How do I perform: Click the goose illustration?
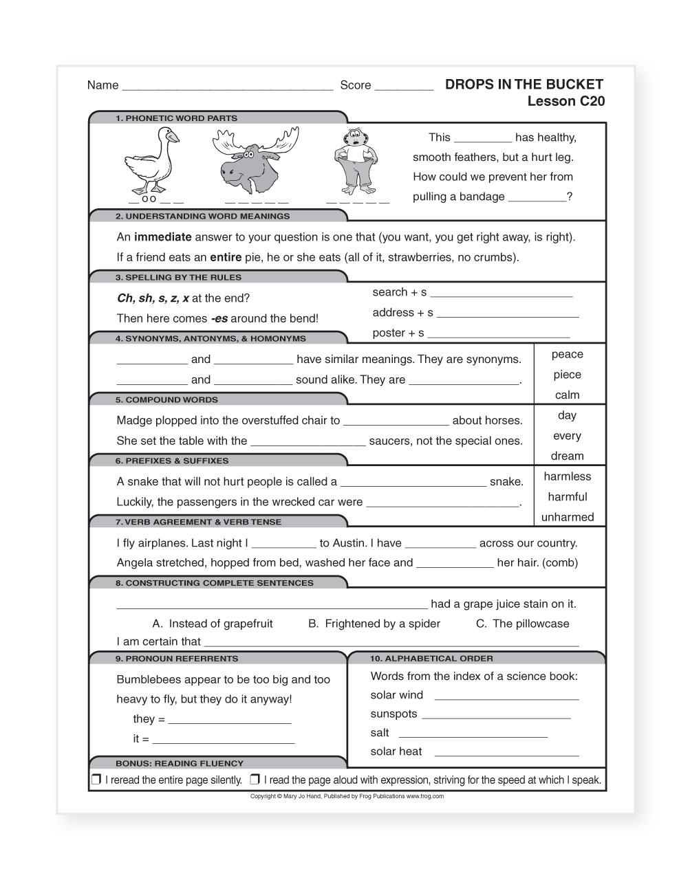pyautogui.click(x=151, y=160)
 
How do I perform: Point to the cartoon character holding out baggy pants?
pyautogui.click(x=356, y=161)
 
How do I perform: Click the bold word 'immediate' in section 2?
pyautogui.click(x=162, y=237)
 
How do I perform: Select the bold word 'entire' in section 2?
pyautogui.click(x=226, y=258)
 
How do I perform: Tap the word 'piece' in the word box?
pyautogui.click(x=567, y=375)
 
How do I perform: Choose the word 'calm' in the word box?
pyautogui.click(x=567, y=395)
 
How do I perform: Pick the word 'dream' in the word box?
pyautogui.click(x=567, y=456)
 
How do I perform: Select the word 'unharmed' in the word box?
pyautogui.click(x=567, y=518)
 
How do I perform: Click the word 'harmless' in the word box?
pyautogui.click(x=567, y=476)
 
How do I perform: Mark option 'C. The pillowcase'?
pyautogui.click(x=522, y=624)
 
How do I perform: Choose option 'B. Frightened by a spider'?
pyautogui.click(x=374, y=624)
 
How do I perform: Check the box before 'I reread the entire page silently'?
pyautogui.click(x=96, y=780)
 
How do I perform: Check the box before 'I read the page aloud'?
pyautogui.click(x=255, y=780)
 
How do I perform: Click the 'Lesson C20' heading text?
pyautogui.click(x=565, y=102)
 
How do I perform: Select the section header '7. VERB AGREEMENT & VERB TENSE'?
pyautogui.click(x=198, y=522)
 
